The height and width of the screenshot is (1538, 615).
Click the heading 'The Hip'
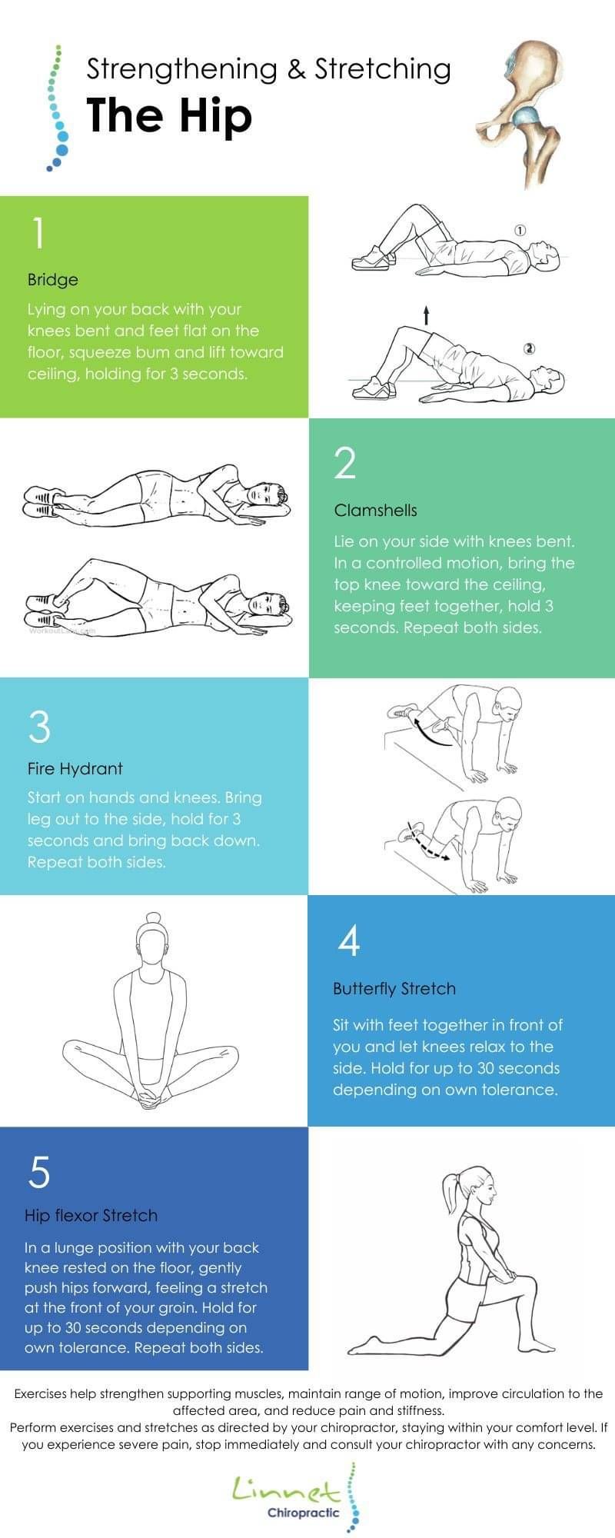tap(169, 116)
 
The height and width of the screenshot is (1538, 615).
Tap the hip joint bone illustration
tap(519, 112)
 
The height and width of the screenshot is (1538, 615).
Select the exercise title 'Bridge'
tap(53, 279)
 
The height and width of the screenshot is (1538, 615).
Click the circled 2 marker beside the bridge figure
tap(529, 348)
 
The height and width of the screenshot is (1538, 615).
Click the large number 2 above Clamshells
tap(346, 463)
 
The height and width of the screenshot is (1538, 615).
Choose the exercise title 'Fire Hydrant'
tap(75, 768)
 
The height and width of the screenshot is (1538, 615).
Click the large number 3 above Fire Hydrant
tap(39, 726)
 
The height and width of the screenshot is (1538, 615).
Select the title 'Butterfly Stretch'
tap(394, 989)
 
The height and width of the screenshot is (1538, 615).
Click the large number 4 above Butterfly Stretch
tap(349, 940)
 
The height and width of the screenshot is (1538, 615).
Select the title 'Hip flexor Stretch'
tap(91, 1216)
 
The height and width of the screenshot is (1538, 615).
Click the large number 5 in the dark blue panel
tap(38, 1172)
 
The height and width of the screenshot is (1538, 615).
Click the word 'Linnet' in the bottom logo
tap(286, 1490)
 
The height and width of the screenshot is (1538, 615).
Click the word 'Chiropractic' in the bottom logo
tap(304, 1513)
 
